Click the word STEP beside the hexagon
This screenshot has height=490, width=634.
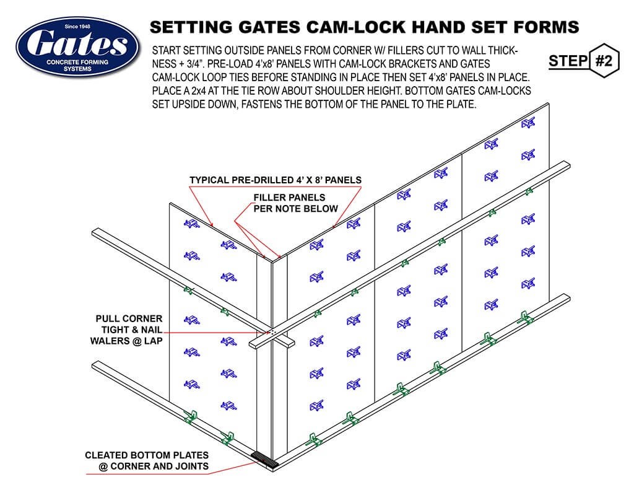[567, 61]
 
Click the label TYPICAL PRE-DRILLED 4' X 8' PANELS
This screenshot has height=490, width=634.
[275, 180]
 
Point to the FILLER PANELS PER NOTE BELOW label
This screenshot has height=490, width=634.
[296, 203]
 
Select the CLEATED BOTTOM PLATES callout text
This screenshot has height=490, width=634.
[147, 460]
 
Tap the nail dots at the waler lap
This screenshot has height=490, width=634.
[270, 332]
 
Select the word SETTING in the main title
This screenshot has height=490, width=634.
[189, 27]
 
